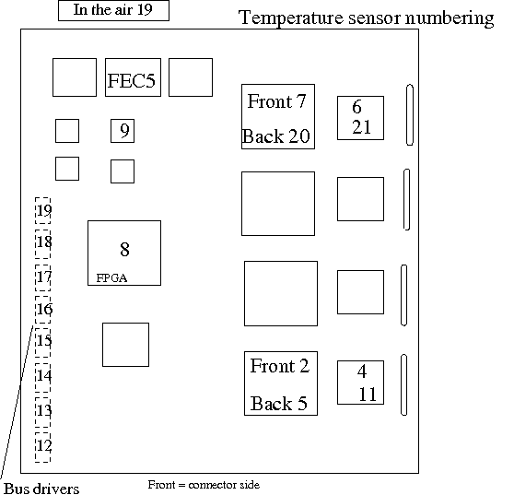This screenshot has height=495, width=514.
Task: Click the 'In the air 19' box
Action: [113, 10]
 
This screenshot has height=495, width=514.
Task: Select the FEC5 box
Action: [133, 77]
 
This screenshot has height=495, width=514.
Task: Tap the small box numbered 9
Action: [123, 131]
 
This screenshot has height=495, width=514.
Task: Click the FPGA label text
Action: [111, 278]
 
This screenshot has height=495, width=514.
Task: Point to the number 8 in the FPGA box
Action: [124, 249]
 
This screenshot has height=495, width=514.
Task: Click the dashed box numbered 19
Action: [43, 210]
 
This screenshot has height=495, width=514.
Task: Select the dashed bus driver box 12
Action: [43, 447]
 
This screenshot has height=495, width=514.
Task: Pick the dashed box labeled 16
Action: [43, 310]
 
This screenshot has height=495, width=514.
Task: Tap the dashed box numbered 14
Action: [43, 377]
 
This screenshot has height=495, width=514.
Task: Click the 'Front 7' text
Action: [276, 101]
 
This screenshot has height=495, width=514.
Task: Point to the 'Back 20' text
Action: [276, 136]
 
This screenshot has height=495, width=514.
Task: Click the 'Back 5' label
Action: [279, 404]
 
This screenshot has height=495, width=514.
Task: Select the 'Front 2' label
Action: [280, 366]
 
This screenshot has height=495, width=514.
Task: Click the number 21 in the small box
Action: [362, 127]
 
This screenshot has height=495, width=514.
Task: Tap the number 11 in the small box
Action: [368, 395]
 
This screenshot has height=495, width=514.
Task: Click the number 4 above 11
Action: [362, 371]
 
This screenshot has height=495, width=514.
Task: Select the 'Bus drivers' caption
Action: [41, 489]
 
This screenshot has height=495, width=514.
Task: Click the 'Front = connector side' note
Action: [204, 485]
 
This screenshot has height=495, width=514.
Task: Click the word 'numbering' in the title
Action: [450, 18]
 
